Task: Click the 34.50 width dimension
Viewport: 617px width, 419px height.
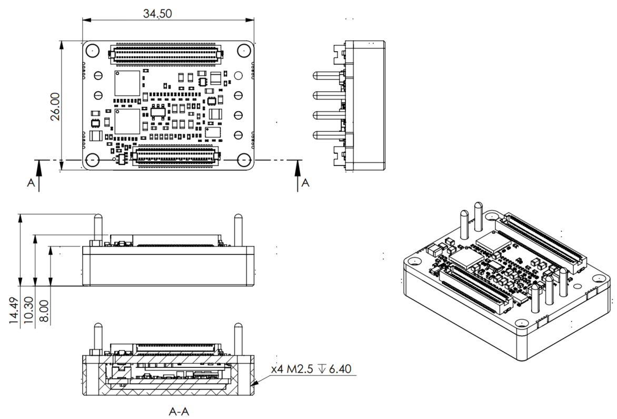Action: click(x=157, y=14)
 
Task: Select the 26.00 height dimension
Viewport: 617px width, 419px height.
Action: click(x=55, y=106)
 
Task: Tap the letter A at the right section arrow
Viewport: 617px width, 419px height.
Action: click(x=305, y=183)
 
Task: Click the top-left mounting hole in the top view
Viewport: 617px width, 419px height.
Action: click(x=93, y=51)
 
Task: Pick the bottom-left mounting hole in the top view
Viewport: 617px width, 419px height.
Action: click(x=93, y=159)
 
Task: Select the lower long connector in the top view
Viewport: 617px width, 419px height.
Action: click(x=176, y=156)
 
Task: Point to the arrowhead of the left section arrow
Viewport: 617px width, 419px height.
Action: click(x=38, y=165)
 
